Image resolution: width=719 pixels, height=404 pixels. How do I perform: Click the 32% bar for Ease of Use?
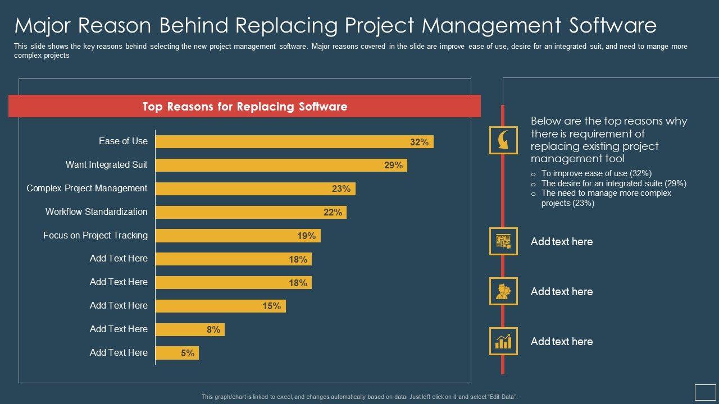point(294,142)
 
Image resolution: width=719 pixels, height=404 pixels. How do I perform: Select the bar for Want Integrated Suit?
point(281,166)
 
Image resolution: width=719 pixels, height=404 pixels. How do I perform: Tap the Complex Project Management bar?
point(255,189)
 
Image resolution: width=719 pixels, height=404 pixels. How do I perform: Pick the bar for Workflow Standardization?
point(251,213)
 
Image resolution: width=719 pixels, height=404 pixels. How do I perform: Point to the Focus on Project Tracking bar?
point(238,236)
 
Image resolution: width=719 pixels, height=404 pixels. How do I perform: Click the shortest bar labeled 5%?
point(177,353)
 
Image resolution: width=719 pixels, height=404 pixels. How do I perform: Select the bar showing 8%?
point(190,330)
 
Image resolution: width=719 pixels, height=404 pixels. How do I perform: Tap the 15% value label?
point(271,306)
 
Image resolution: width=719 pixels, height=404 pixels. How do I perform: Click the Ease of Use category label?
point(123,141)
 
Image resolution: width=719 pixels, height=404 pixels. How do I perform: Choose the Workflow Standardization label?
point(96,212)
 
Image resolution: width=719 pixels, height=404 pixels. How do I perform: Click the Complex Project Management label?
point(87,189)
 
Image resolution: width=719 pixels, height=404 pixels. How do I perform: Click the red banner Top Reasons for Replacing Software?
point(244,107)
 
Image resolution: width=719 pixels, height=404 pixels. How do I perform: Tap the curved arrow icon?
point(503,140)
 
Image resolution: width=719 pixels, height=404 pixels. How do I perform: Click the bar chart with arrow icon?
point(503,341)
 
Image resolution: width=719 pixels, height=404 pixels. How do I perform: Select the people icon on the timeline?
point(503,291)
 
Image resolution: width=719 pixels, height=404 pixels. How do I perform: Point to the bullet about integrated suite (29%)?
point(613,183)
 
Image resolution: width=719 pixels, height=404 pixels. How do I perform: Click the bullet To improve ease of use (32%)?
point(596,173)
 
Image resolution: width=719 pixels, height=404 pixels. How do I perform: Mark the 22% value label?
point(333,213)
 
